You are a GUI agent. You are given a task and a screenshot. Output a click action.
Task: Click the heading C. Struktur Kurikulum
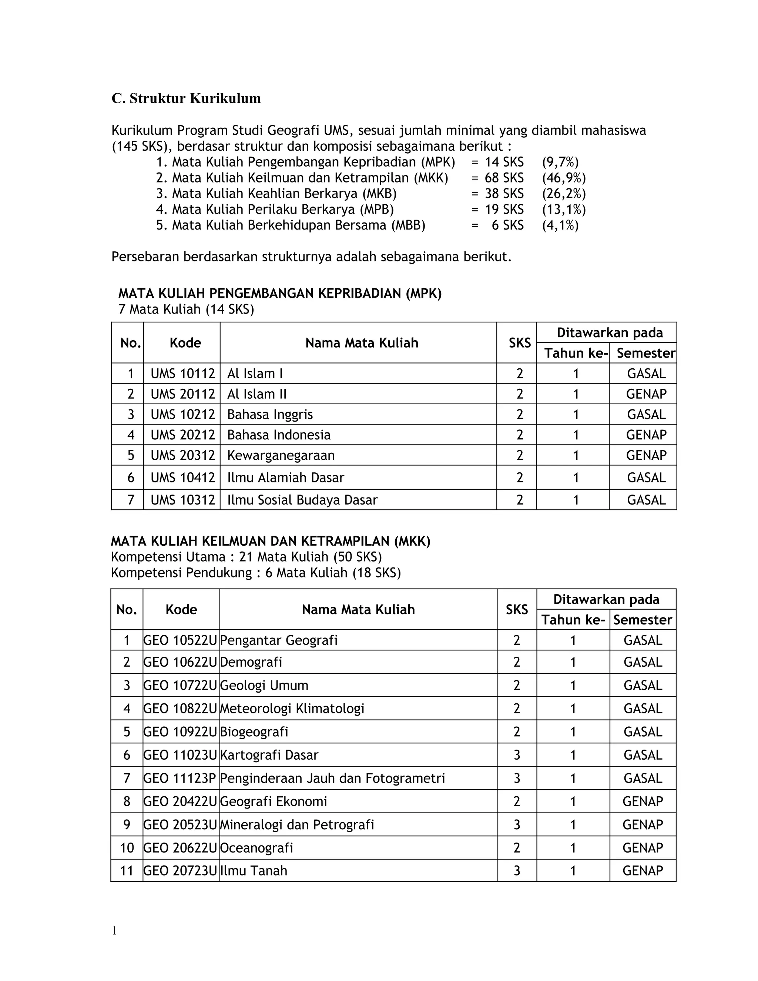pos(186,98)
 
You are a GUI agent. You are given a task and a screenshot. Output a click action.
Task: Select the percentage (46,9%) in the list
pos(564,178)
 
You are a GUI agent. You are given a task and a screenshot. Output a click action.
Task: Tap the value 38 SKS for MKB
pos(504,194)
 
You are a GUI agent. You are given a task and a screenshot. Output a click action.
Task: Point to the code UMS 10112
pos(182,374)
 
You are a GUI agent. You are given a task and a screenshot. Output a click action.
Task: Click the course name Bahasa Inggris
pos(270,414)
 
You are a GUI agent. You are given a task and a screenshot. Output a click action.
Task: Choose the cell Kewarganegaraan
pos(281,455)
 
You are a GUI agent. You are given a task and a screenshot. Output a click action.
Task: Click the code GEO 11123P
pos(180,778)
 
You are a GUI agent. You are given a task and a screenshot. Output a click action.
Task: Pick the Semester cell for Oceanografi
pos(643,848)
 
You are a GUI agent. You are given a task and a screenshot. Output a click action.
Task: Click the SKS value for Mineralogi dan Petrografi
pos(516,824)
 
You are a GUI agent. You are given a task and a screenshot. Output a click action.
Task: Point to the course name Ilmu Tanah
pos(254,871)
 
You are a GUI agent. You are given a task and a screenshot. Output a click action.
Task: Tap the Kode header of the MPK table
pos(185,343)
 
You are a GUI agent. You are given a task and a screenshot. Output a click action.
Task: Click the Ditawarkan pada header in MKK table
pos(606,599)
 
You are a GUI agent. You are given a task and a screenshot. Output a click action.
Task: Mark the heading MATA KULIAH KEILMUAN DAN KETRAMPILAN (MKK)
pos(270,541)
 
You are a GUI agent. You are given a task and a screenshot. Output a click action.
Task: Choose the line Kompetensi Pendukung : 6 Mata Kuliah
pos(255,573)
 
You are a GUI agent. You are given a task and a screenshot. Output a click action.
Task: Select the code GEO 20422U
pos(180,801)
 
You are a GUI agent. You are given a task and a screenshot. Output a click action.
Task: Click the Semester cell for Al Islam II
pos(646,394)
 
